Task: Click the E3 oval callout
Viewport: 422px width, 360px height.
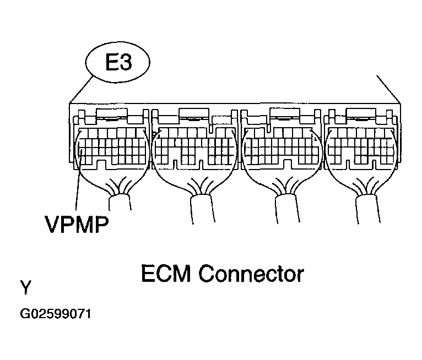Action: click(x=117, y=62)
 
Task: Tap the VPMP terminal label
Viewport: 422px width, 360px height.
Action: click(x=77, y=224)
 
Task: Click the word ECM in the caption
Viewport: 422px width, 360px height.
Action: click(x=166, y=274)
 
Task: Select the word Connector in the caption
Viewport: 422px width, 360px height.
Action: click(x=251, y=274)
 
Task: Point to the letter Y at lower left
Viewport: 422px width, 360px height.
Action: click(x=25, y=287)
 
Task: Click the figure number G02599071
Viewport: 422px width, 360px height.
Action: click(x=56, y=314)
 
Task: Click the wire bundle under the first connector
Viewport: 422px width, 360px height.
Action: click(x=120, y=203)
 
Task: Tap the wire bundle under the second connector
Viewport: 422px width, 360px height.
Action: click(x=203, y=209)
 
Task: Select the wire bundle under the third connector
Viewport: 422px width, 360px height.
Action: click(x=288, y=209)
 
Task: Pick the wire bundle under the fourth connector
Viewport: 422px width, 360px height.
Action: click(x=367, y=209)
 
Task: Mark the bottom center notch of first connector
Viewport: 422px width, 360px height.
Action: click(x=101, y=163)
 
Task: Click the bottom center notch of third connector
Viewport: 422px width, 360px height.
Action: click(x=288, y=163)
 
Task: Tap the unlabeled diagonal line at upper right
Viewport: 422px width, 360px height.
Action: click(x=388, y=89)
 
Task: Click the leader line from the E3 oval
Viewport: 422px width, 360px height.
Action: click(x=81, y=90)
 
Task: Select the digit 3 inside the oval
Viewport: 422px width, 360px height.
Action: click(x=126, y=62)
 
